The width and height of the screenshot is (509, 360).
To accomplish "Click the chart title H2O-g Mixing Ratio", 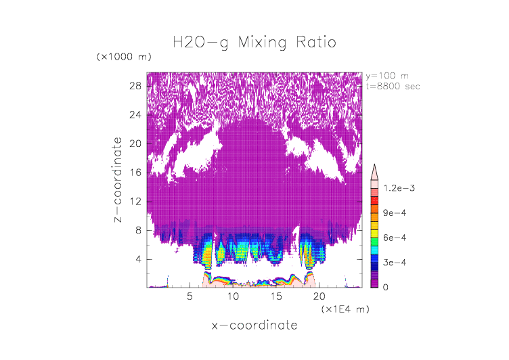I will pos(254,43).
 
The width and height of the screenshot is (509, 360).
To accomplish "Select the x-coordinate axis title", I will pos(254,325).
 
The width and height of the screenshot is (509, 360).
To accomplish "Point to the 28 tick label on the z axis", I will pos(135,86).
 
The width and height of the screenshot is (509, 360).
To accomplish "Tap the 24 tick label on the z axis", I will pos(135,114).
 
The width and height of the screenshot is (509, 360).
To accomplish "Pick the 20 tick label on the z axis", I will pos(135,143).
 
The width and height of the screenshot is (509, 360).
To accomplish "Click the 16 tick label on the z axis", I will pos(135,173).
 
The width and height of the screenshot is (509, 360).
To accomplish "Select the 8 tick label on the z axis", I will pos(138,231).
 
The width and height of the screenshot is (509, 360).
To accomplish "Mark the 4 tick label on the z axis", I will pos(138,259).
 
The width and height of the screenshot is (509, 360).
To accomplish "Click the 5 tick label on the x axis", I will pos(190,296).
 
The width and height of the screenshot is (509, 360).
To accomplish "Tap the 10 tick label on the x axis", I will pos(234,296).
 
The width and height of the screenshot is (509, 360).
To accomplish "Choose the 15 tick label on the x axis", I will pos(276,296).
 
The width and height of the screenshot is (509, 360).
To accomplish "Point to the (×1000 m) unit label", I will pos(124,57).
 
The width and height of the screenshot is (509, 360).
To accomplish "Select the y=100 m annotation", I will pos(387,76).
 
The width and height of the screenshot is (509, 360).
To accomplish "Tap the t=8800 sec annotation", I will pos(394,86).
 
